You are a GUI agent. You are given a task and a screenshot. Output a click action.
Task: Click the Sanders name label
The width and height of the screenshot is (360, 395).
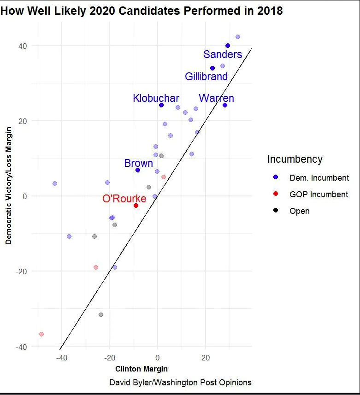[x=223, y=54]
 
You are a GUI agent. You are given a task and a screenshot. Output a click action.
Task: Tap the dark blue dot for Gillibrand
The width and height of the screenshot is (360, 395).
[x=212, y=68]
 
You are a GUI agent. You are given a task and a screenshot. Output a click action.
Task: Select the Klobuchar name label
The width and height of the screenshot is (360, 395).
[x=156, y=98]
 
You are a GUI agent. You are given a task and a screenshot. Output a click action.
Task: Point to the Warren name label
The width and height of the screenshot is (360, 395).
[x=216, y=98]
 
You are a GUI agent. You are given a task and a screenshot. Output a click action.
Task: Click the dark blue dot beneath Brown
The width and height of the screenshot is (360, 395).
[x=138, y=170]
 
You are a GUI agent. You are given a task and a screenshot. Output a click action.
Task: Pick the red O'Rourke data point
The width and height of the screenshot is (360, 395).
[x=136, y=206]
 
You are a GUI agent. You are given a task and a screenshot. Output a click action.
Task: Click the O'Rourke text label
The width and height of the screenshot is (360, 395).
[x=124, y=199]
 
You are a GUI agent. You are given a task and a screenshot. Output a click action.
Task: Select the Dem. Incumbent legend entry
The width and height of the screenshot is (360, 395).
[x=319, y=178]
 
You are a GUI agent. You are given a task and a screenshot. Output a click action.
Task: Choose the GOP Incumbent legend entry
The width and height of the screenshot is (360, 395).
[x=319, y=195]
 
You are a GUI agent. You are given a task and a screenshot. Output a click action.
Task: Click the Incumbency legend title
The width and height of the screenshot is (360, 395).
[x=295, y=159]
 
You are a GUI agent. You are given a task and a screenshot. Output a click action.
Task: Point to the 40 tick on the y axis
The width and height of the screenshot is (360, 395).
[x=23, y=46]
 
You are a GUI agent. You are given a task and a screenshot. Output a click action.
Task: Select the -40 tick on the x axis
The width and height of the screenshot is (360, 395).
[x=61, y=358]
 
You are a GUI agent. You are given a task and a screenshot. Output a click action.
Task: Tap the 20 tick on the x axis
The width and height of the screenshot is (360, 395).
[x=206, y=358]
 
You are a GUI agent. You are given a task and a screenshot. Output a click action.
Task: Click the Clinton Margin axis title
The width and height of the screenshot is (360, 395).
[x=141, y=369]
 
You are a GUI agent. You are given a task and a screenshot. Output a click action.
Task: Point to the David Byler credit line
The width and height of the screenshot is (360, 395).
[x=180, y=383]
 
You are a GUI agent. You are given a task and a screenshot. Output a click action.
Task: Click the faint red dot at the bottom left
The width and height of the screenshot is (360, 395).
[x=41, y=334]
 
